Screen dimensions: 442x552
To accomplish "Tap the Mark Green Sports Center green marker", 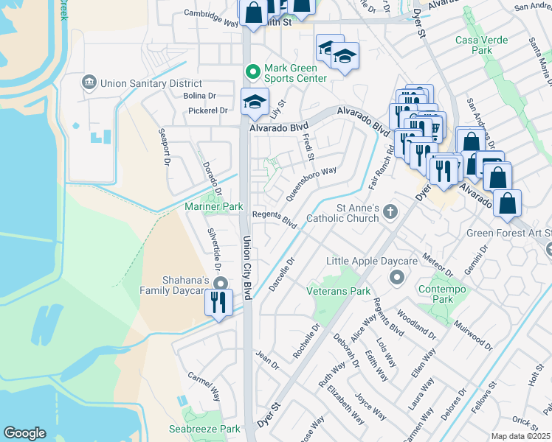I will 252,71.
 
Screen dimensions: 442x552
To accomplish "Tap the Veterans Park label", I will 339,291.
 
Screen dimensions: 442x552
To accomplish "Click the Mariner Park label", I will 213,208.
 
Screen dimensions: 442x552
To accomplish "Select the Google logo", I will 25,433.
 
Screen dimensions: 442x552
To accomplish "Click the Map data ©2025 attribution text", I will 520,436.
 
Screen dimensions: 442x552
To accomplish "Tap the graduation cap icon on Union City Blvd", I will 255,102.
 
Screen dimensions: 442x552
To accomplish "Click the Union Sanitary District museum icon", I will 89,80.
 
